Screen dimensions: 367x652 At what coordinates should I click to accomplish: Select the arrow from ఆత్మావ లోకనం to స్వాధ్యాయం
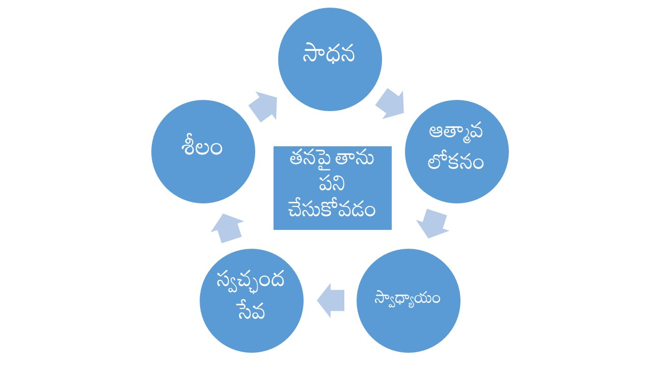coord(432,223)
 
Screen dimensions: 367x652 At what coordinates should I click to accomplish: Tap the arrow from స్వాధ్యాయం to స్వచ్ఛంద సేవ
coord(331,300)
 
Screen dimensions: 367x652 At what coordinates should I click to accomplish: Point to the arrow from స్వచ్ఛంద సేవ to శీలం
coord(227,227)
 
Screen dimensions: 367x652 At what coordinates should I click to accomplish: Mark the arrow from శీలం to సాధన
coord(263,106)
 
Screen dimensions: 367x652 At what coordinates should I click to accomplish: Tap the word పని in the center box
coord(333,185)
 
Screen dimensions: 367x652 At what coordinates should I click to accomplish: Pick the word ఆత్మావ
coord(457,132)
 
